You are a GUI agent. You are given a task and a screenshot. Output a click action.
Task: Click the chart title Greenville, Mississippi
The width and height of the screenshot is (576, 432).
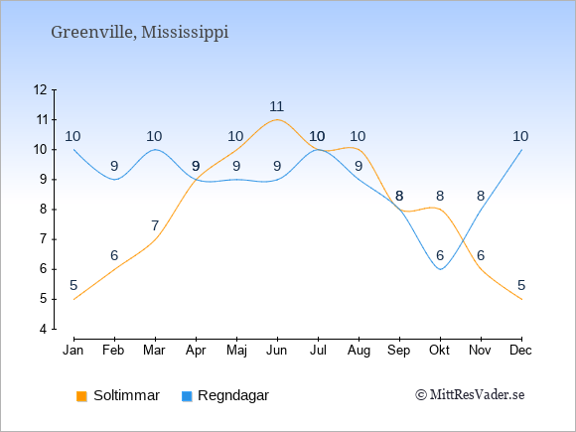click(x=140, y=33)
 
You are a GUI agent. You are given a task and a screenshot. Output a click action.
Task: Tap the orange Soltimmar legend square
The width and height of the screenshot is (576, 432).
click(x=81, y=396)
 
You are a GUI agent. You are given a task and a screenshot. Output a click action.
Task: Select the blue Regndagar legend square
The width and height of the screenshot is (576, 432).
click(x=187, y=396)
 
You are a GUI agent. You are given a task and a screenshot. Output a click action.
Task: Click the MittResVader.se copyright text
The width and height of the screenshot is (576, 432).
click(x=470, y=395)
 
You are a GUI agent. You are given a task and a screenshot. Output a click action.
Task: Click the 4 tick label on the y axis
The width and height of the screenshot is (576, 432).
click(x=44, y=329)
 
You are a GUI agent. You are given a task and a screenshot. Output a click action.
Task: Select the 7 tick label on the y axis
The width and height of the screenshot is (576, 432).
click(x=44, y=239)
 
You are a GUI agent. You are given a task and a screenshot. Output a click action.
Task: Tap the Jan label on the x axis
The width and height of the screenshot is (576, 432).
click(x=73, y=351)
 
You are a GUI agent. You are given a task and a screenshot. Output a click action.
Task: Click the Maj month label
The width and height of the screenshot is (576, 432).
click(x=236, y=351)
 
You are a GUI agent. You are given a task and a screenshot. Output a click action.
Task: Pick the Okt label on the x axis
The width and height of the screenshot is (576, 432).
click(x=439, y=351)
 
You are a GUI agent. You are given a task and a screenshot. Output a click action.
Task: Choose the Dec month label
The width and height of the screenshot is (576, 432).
click(x=521, y=351)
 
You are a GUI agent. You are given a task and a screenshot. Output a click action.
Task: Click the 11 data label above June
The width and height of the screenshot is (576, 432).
click(x=277, y=106)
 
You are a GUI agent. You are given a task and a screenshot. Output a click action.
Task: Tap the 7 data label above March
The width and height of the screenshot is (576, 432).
click(x=155, y=225)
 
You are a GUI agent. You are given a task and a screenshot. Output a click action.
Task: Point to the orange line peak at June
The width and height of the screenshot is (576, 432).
click(x=277, y=120)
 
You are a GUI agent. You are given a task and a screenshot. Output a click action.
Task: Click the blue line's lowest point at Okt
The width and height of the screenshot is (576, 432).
click(x=440, y=269)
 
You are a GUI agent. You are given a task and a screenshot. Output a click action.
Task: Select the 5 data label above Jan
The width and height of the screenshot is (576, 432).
click(x=73, y=285)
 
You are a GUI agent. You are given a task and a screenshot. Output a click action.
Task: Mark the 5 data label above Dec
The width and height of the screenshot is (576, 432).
click(x=521, y=285)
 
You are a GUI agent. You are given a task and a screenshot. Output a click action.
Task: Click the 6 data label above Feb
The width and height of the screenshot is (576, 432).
click(x=114, y=255)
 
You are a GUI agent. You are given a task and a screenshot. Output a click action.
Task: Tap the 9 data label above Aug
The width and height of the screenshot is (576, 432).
click(x=359, y=166)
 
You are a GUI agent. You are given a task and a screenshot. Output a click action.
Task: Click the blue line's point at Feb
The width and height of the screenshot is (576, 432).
click(x=114, y=180)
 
